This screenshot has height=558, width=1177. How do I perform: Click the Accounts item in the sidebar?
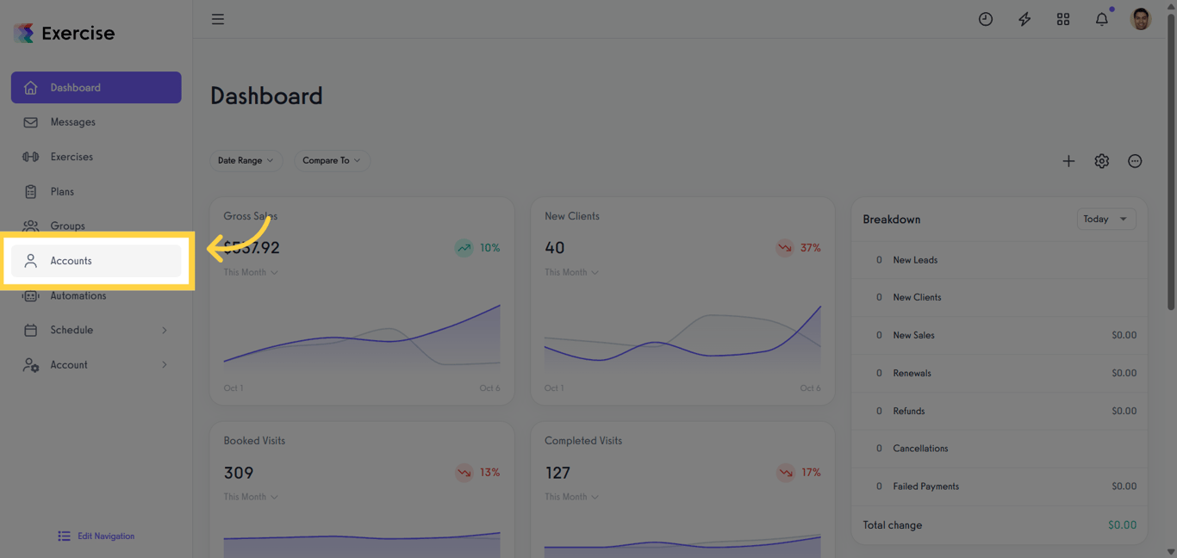pyautogui.click(x=71, y=261)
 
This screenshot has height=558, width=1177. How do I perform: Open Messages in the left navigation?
pyautogui.click(x=72, y=122)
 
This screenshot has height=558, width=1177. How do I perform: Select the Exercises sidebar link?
pyautogui.click(x=71, y=157)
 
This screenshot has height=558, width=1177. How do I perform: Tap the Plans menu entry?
pyautogui.click(x=62, y=192)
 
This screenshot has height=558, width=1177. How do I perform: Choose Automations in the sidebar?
pyautogui.click(x=78, y=295)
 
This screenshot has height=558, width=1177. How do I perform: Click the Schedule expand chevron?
pyautogui.click(x=165, y=331)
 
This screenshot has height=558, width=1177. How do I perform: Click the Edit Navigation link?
pyautogui.click(x=105, y=536)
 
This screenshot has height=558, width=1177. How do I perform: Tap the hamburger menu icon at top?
pyautogui.click(x=218, y=19)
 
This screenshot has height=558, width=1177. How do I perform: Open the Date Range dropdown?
pyautogui.click(x=246, y=160)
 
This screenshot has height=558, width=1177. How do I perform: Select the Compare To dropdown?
pyautogui.click(x=332, y=160)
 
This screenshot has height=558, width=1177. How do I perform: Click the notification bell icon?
pyautogui.click(x=1101, y=19)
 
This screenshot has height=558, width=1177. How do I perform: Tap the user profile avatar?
pyautogui.click(x=1140, y=19)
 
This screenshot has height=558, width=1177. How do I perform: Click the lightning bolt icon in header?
pyautogui.click(x=1024, y=19)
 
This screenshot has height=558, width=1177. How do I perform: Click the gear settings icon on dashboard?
pyautogui.click(x=1101, y=161)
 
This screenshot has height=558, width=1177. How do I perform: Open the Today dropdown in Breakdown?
pyautogui.click(x=1105, y=219)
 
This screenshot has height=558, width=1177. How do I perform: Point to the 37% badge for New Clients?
pyautogui.click(x=799, y=248)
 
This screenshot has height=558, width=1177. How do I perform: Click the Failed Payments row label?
pyautogui.click(x=925, y=487)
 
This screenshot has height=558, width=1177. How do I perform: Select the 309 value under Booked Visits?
pyautogui.click(x=239, y=473)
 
